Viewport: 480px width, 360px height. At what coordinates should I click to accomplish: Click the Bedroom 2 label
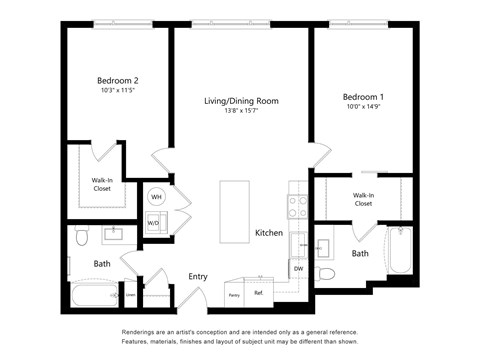pos(118,79)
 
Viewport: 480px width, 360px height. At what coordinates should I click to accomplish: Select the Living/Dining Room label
pos(241,101)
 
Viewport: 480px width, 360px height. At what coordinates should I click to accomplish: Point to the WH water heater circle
pos(156,197)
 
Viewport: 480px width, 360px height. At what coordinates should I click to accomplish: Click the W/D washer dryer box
pos(155,223)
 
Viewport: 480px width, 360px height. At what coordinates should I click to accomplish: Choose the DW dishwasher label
pos(298,268)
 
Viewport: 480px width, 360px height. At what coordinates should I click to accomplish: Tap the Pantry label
pos(235,295)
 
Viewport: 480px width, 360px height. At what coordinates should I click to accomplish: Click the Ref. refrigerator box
pos(259,293)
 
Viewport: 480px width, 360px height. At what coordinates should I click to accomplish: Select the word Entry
pos(198,277)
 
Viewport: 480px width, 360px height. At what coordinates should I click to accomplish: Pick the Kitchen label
pos(268,233)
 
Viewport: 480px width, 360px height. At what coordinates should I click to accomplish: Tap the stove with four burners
pos(297,206)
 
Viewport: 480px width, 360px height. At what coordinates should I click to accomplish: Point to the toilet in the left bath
pos(83,237)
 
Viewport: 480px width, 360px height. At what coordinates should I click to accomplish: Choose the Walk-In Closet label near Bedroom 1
pos(363,199)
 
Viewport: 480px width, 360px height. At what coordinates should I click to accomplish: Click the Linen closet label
pos(130,295)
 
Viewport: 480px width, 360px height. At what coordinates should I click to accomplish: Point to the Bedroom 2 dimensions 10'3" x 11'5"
pos(118,91)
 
